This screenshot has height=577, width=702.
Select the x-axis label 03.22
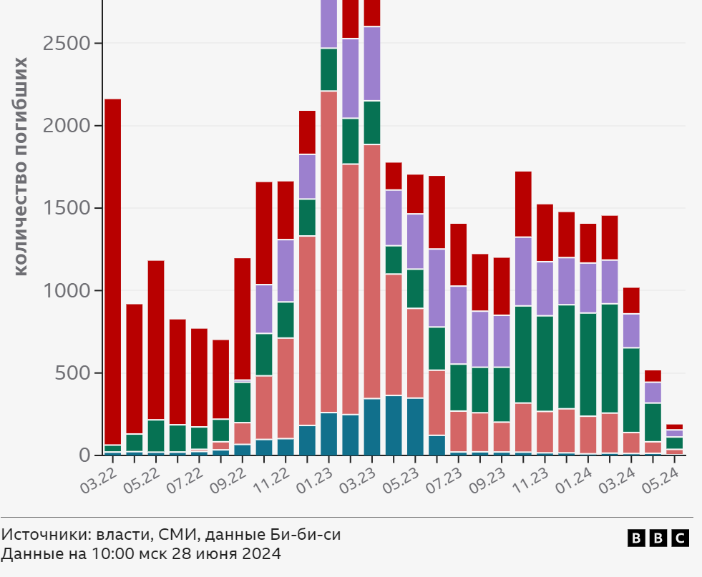98,477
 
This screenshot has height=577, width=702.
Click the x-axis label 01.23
315,477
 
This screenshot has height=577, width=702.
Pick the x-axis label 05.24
660,477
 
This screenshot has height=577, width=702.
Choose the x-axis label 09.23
488,477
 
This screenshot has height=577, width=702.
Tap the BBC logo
658,538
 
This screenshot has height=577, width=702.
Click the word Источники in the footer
42,534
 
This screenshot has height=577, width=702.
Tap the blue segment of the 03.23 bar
372,427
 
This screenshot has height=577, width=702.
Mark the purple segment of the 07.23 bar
458,325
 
